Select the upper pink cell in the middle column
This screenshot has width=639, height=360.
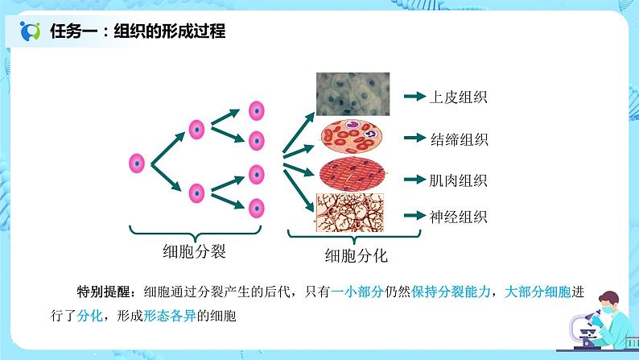(196, 128)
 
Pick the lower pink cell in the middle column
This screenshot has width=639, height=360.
(196, 193)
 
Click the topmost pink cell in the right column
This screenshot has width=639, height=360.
(257, 110)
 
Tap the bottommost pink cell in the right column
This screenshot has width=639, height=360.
(257, 206)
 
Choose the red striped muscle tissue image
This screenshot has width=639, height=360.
(357, 175)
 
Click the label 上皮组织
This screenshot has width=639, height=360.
(460, 97)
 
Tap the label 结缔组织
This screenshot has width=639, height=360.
(460, 139)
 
